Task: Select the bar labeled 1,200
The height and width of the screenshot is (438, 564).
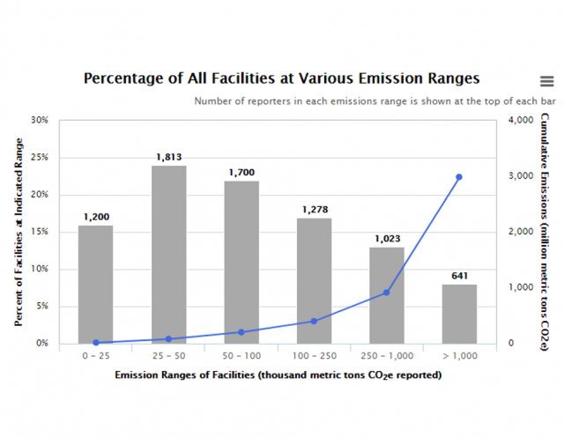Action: (95, 284)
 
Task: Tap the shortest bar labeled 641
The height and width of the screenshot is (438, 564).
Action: (459, 313)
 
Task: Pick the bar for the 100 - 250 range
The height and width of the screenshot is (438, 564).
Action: (314, 280)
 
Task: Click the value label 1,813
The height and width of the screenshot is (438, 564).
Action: (168, 157)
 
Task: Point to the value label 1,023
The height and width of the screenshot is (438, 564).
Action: (386, 238)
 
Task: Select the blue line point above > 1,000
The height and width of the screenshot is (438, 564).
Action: (459, 177)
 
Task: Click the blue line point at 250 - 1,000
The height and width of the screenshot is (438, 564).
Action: (386, 293)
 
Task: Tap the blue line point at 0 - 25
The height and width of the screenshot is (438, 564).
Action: (95, 342)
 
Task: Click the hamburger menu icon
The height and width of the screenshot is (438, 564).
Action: (546, 81)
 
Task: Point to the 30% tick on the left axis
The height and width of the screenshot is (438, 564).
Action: (40, 120)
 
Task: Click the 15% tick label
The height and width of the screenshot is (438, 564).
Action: (40, 232)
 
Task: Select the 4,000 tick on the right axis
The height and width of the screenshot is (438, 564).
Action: (522, 120)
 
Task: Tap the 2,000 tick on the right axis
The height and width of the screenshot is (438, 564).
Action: (522, 232)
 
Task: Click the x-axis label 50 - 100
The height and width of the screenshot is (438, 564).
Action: (241, 356)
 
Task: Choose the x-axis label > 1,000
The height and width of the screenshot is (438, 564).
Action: (459, 356)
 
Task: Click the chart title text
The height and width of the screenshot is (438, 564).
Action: (281, 78)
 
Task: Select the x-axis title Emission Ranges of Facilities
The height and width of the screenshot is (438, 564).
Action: (278, 375)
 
